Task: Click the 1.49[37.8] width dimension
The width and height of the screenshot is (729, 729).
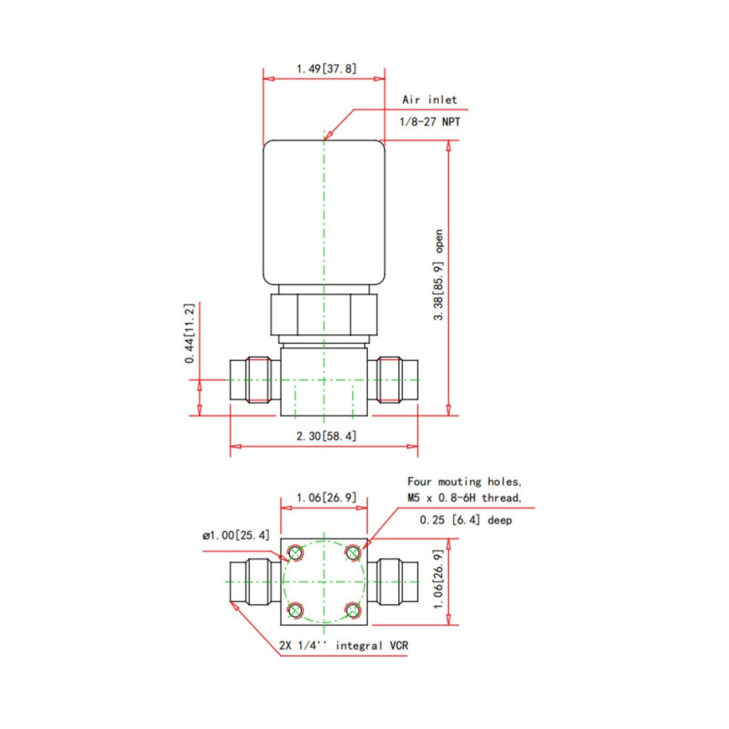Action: point(326,69)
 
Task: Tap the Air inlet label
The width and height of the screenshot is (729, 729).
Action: point(429,100)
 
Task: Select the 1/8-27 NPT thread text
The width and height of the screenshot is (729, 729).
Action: point(430,122)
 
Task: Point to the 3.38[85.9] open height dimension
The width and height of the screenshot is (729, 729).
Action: point(438,275)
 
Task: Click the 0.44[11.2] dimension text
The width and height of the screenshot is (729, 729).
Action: point(190,333)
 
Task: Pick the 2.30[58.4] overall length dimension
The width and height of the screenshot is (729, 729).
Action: point(326,436)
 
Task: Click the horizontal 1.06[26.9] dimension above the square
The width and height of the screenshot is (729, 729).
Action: point(326,498)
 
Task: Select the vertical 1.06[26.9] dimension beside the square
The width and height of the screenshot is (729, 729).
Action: point(438,579)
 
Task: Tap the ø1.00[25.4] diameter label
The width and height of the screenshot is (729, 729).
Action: point(236,535)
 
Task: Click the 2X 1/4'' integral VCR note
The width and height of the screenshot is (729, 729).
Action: point(344,646)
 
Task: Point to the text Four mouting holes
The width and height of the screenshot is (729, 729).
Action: point(464,482)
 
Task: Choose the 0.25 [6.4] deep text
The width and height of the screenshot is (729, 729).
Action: point(466,520)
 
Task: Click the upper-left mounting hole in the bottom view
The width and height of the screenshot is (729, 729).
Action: point(295,553)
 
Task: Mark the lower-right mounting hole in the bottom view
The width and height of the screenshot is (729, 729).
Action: point(353,610)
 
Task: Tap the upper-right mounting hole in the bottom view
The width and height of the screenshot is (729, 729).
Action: point(353,553)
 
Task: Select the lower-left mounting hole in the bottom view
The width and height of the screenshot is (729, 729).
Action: point(295,610)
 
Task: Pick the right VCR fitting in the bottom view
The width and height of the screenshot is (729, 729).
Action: point(392,582)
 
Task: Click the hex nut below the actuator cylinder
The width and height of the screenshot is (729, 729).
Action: point(324,315)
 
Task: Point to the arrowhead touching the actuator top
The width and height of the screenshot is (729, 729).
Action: point(327,135)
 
